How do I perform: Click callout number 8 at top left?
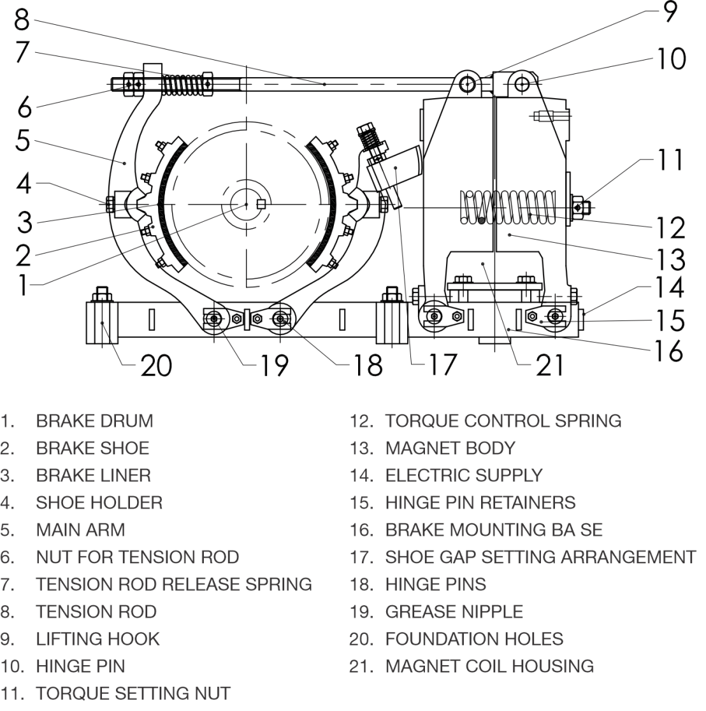22,19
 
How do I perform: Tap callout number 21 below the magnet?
549,365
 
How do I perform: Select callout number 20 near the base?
156,366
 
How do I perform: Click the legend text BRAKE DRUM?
94,421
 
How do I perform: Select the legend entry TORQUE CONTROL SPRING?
503,421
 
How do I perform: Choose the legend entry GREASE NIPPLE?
454,612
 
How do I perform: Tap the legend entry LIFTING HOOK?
97,639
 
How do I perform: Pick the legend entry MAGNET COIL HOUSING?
489,666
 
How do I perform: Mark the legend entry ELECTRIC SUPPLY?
463,476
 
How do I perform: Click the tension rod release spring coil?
179,84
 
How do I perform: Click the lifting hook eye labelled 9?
469,83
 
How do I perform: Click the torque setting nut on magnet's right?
578,207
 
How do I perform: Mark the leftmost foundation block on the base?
102,322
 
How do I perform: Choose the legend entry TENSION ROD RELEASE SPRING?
173,585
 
